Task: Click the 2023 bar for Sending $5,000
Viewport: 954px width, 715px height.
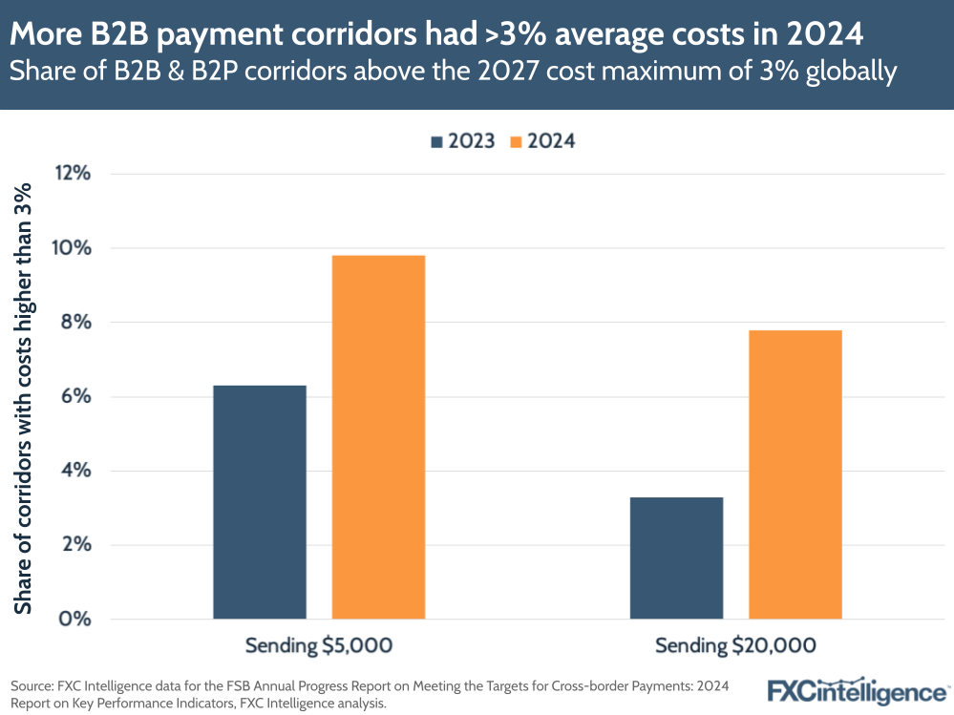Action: click(x=260, y=502)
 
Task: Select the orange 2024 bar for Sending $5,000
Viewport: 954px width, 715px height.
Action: click(x=378, y=437)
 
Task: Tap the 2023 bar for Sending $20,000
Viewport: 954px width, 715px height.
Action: click(x=676, y=557)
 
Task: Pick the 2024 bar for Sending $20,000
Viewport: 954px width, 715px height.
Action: click(x=795, y=474)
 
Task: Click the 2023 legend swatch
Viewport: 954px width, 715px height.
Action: click(x=436, y=141)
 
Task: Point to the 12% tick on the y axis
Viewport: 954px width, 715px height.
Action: click(x=73, y=174)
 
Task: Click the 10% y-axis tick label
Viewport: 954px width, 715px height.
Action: click(x=73, y=248)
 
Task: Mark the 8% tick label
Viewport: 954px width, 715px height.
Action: click(x=75, y=323)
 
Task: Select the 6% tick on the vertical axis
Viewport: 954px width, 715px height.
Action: click(x=75, y=396)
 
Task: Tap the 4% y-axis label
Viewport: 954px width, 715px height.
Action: click(x=75, y=471)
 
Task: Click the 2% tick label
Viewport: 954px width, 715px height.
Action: click(x=75, y=545)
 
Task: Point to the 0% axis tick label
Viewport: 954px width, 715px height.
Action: click(x=75, y=619)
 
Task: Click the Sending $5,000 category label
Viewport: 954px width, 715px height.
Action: click(x=319, y=646)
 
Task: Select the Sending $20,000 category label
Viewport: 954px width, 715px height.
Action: click(x=735, y=646)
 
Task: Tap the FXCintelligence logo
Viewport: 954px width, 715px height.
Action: click(x=859, y=691)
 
